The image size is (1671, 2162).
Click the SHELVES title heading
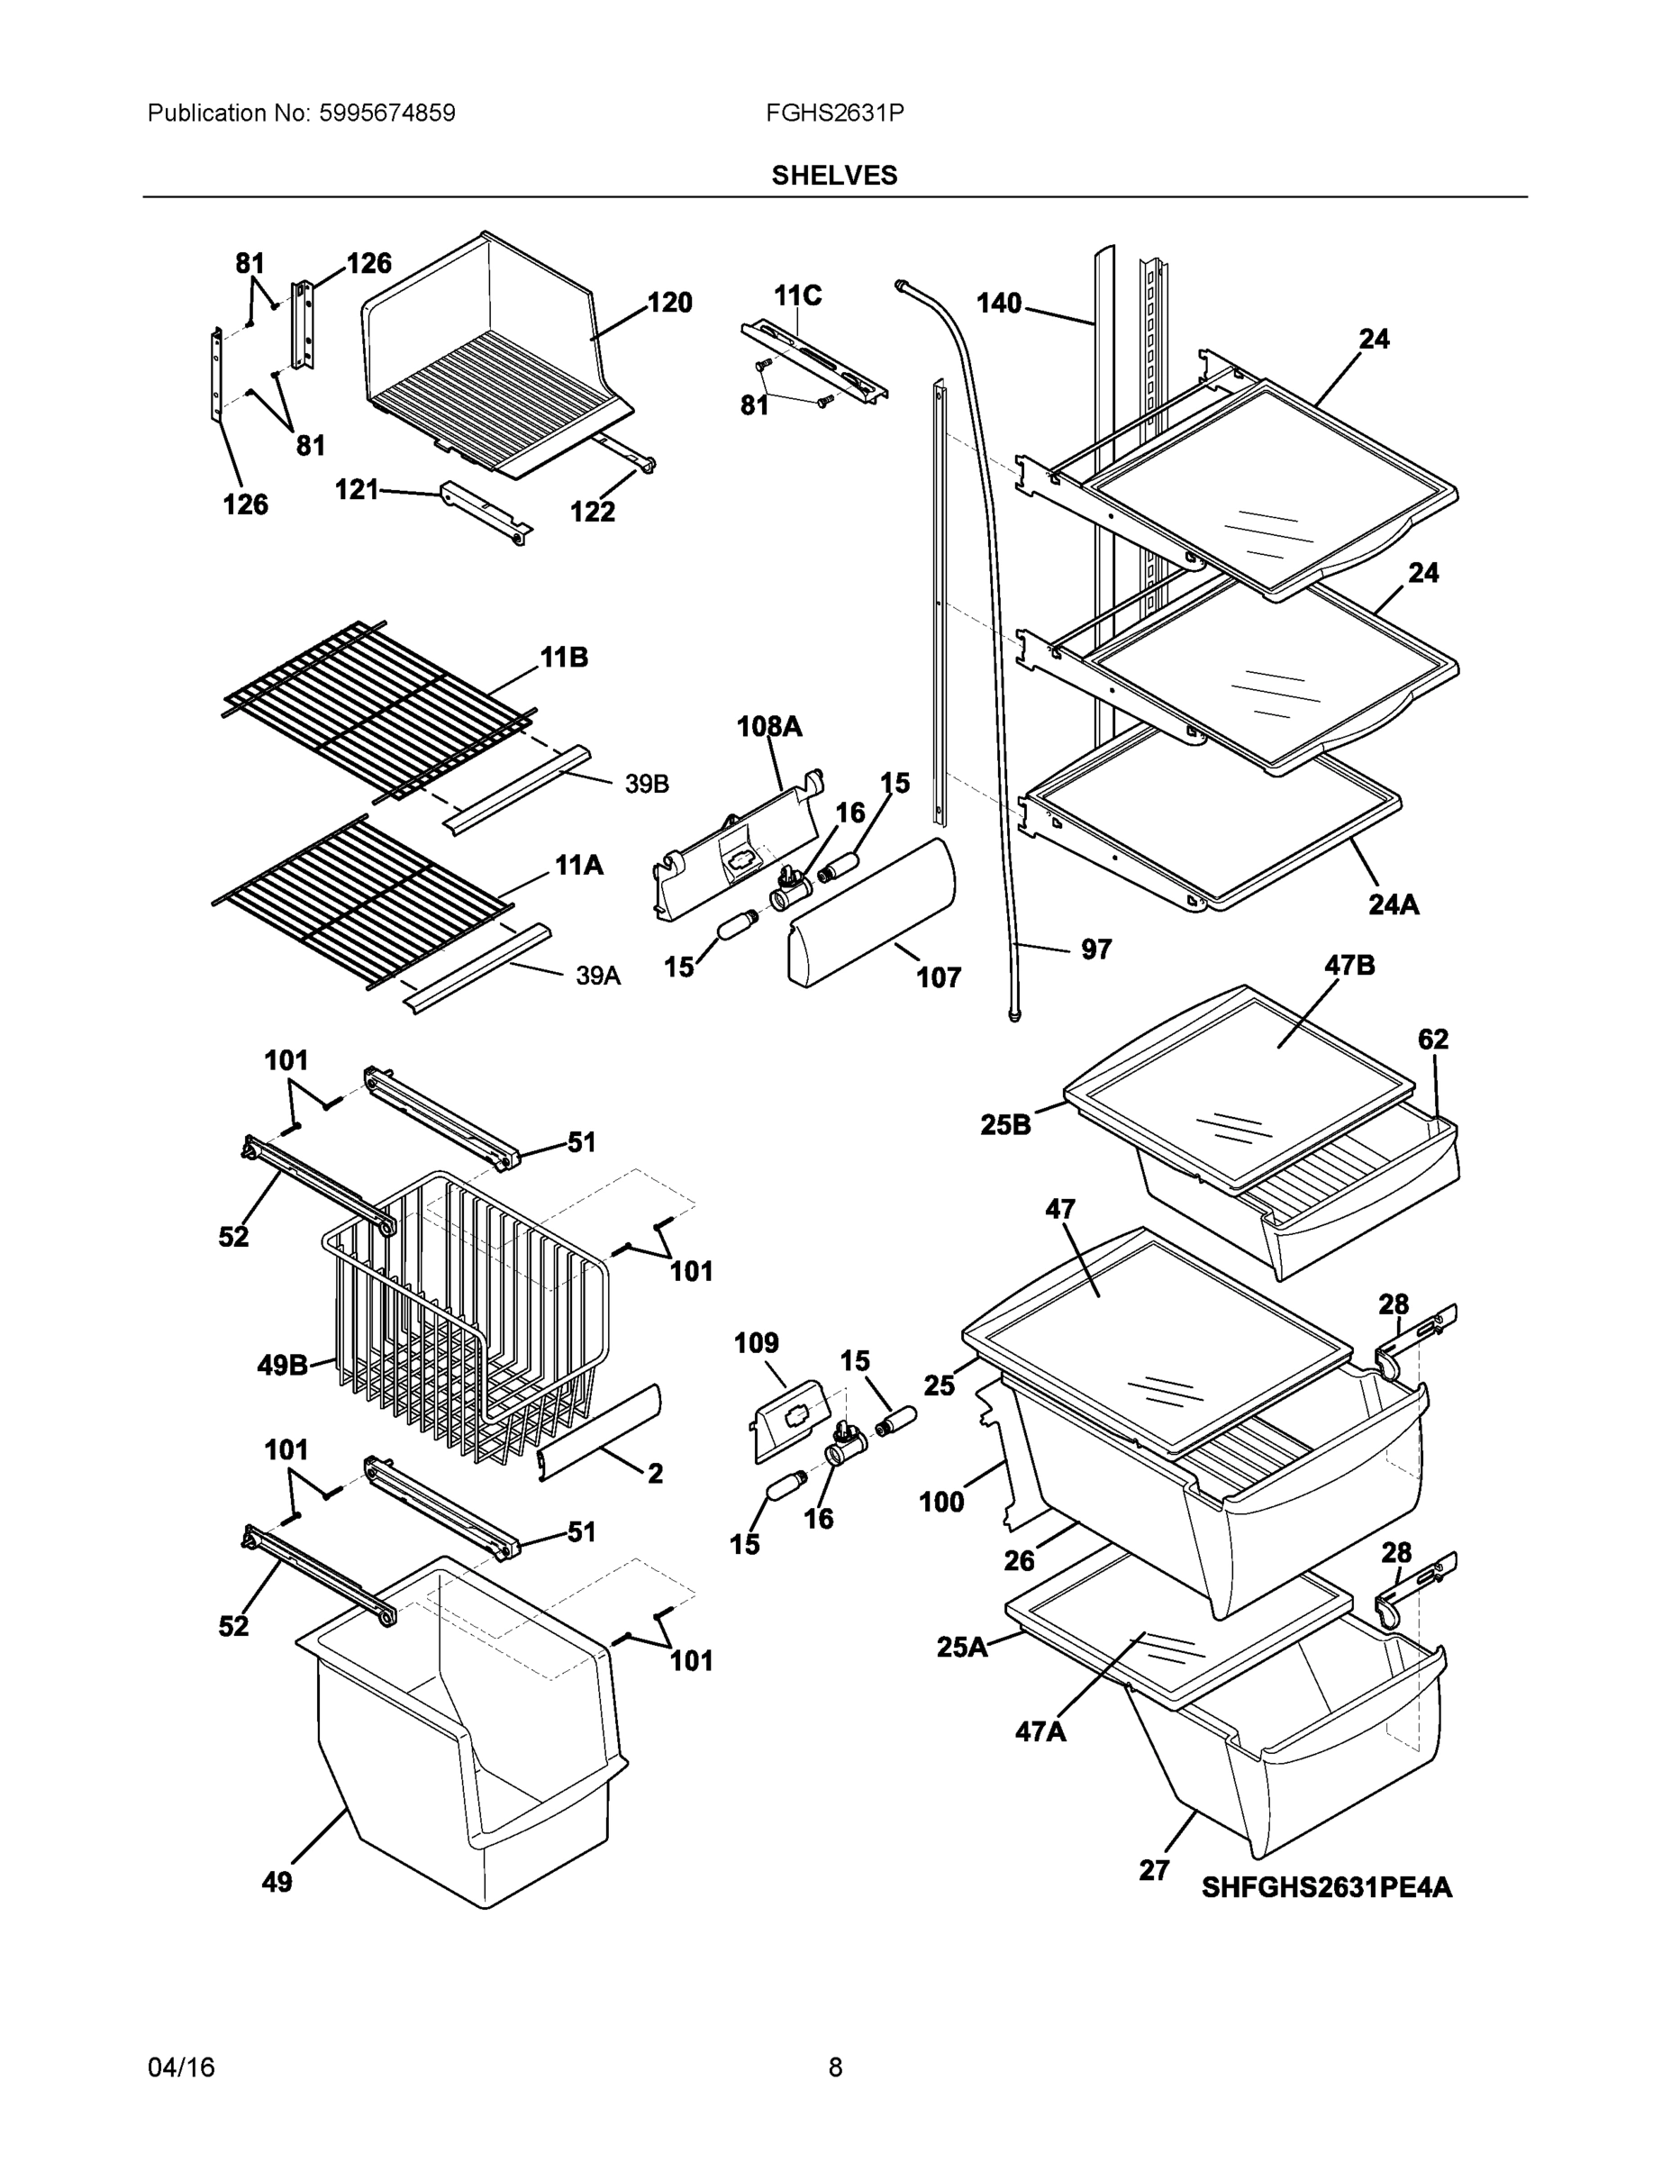coord(833,176)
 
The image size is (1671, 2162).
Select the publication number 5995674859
coord(387,113)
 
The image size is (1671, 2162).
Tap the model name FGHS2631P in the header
coord(833,113)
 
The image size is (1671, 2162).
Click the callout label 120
coord(669,303)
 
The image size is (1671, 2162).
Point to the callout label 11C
coord(798,296)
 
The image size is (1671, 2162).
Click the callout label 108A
coord(769,728)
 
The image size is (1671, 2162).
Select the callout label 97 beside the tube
coord(1096,949)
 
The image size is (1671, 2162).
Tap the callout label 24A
coord(1393,904)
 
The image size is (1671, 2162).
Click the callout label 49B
coord(283,1366)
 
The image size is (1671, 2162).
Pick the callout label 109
coord(757,1343)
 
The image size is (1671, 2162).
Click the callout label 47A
coord(1040,1731)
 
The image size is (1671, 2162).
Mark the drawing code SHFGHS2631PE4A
coord(1327,1888)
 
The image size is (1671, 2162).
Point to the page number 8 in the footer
coord(834,2067)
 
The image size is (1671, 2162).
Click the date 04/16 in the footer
coord(181,2067)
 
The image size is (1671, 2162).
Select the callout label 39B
coord(647,785)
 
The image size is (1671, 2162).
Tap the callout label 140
coord(999,303)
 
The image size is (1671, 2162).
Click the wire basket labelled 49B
coord(465,1317)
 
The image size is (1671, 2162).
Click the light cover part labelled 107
coord(871,911)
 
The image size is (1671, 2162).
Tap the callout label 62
coord(1432,1040)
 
